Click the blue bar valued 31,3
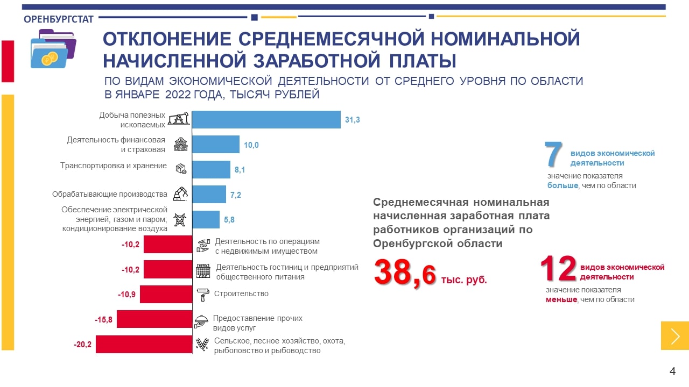click(266, 119)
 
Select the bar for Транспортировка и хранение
click(211, 169)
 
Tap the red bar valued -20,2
click(144, 344)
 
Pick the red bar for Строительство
click(166, 295)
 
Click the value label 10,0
click(251, 145)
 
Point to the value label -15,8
click(103, 320)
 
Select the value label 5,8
click(229, 219)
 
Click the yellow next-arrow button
click(675, 335)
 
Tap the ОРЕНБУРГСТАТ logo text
click(59, 19)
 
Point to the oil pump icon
click(178, 119)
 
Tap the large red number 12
click(559, 269)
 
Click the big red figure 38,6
click(405, 273)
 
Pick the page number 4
click(672, 371)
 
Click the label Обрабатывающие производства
click(109, 194)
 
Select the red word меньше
click(561, 299)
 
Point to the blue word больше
click(563, 185)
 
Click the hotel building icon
click(203, 270)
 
